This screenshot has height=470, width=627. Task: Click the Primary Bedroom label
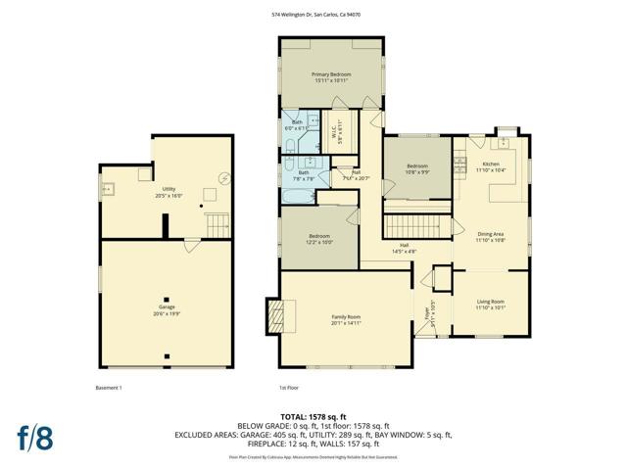coord(331,75)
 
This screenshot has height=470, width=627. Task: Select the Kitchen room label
coord(490,164)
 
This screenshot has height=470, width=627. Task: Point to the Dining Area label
coord(490,234)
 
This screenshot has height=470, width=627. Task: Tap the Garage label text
coord(168,306)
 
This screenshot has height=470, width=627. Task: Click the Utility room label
coord(169,190)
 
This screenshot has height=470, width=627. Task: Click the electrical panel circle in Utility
coord(224,178)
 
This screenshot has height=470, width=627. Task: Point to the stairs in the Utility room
coord(218,224)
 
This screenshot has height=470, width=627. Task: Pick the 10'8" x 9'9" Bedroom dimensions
coord(417,172)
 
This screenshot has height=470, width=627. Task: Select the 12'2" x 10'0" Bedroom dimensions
coord(319,242)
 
